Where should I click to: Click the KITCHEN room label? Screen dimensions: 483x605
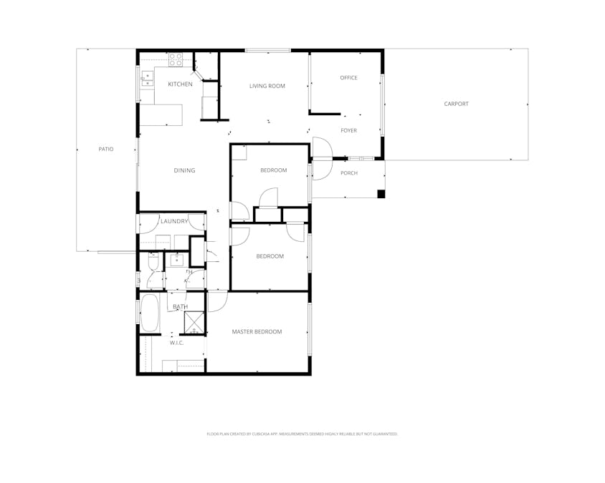click(x=180, y=84)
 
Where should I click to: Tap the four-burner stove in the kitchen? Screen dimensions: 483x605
click(x=176, y=60)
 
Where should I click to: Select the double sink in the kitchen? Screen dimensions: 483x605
click(x=147, y=78)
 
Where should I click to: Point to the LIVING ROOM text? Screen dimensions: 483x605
click(x=267, y=86)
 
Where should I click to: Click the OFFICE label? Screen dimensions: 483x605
click(x=348, y=78)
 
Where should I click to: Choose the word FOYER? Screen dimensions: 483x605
click(x=348, y=130)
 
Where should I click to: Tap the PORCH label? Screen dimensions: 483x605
click(x=348, y=173)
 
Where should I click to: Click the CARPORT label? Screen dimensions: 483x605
click(x=456, y=104)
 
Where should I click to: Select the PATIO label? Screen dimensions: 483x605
click(x=106, y=149)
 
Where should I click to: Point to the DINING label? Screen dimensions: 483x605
click(x=184, y=170)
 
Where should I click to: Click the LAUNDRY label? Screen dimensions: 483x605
click(x=174, y=221)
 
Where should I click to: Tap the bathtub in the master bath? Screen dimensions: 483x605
click(x=151, y=313)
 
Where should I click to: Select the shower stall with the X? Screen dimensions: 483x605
click(x=194, y=323)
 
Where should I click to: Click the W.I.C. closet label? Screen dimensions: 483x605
click(x=176, y=343)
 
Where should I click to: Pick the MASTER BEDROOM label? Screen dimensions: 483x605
click(x=257, y=331)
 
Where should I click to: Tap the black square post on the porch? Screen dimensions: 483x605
click(x=381, y=193)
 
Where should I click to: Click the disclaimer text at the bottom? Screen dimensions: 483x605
click(x=302, y=434)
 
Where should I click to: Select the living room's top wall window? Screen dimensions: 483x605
click(x=267, y=50)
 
